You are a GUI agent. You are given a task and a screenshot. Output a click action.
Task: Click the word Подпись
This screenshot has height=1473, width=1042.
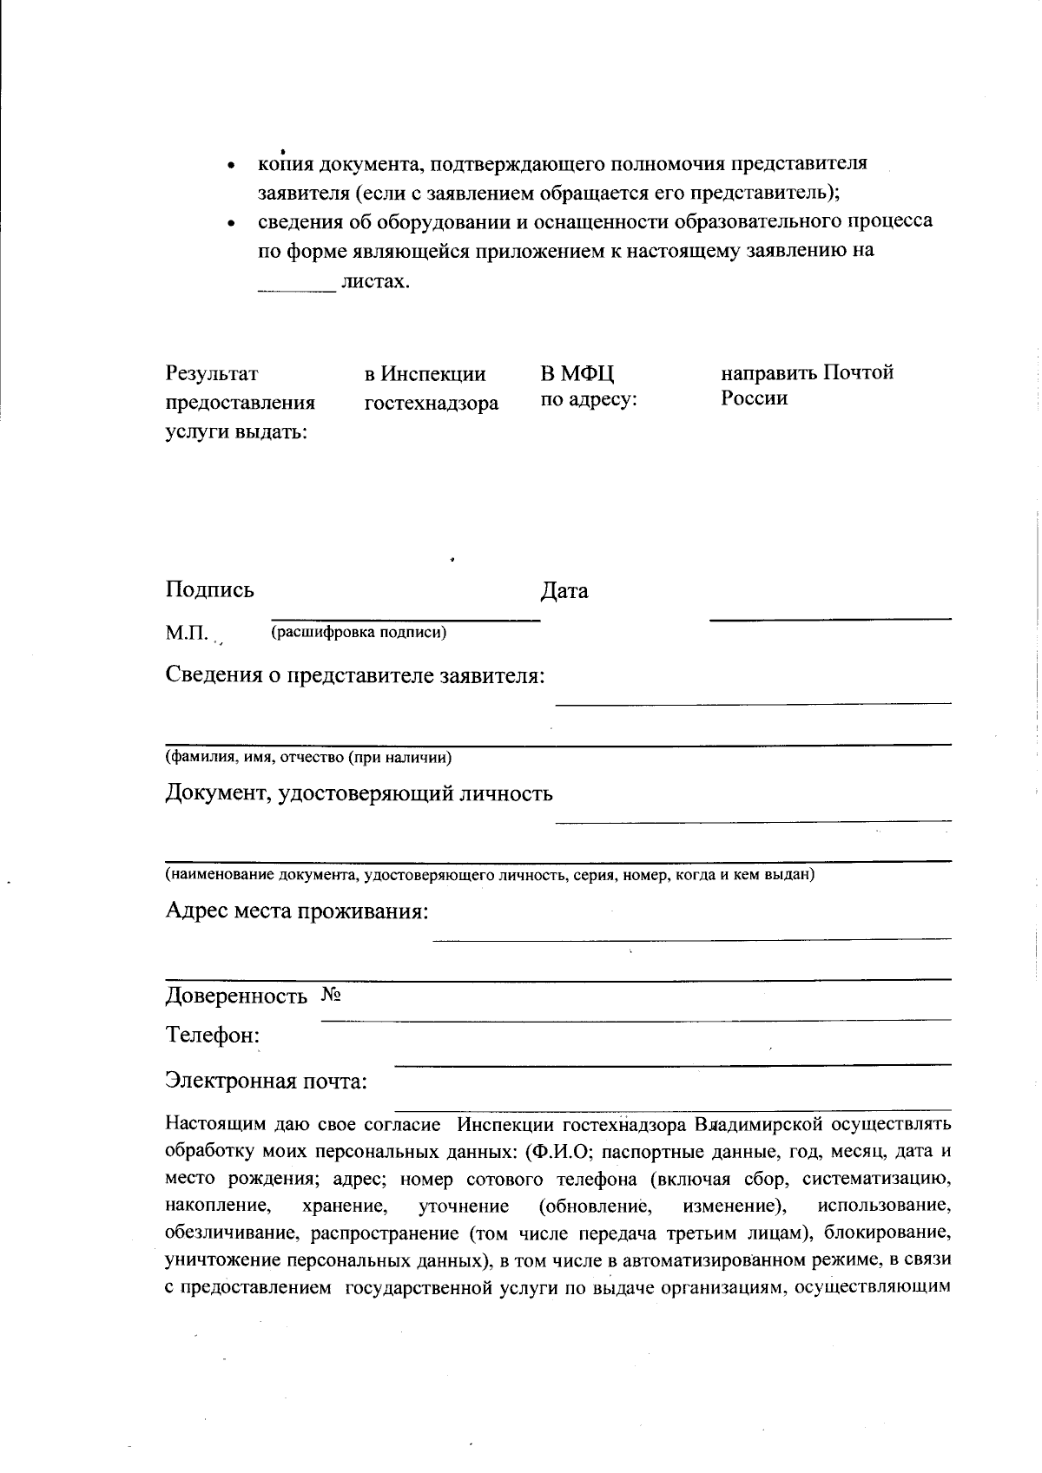(x=209, y=590)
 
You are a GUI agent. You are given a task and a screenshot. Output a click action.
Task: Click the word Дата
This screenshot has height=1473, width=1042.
(x=564, y=591)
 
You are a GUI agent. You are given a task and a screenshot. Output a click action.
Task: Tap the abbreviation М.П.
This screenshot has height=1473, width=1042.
(x=188, y=634)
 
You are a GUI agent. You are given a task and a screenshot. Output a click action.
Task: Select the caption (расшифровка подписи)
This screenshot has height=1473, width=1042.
(x=359, y=632)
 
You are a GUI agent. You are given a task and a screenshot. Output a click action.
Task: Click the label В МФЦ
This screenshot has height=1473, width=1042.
(x=577, y=374)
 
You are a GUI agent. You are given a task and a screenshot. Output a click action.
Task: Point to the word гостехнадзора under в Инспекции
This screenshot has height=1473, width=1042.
(x=431, y=403)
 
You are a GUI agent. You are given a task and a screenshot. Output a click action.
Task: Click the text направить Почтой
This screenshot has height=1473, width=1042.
(x=807, y=372)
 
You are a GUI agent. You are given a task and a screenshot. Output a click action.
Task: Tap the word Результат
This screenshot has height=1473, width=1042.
(x=212, y=373)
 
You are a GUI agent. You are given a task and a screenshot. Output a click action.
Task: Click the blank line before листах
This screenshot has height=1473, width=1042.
(x=296, y=286)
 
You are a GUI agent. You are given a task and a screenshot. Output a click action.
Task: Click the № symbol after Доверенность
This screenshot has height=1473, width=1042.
(x=331, y=994)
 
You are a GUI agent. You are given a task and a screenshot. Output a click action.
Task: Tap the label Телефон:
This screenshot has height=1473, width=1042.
(x=213, y=1036)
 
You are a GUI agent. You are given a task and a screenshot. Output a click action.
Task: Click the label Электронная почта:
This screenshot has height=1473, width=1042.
(x=266, y=1082)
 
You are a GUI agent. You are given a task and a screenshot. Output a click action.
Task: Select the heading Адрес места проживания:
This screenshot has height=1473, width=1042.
(x=297, y=912)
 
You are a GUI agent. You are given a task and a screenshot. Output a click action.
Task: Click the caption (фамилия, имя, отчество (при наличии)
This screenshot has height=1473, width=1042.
(x=308, y=758)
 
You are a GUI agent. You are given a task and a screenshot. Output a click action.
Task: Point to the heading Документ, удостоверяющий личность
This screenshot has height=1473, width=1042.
(x=359, y=793)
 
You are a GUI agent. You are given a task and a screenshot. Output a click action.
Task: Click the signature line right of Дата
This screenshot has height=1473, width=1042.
(x=830, y=617)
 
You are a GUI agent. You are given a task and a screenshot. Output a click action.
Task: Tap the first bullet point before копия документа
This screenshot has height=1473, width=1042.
(x=231, y=165)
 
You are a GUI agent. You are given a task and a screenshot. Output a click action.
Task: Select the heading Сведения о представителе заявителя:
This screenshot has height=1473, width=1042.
(x=355, y=675)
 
